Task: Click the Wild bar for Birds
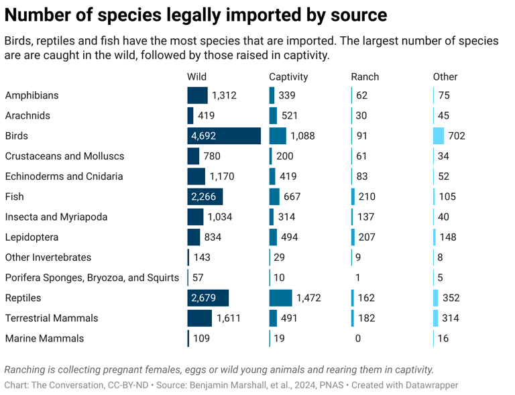(224, 136)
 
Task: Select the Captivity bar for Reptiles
(280, 298)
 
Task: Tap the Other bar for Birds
(439, 136)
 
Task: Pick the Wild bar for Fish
(205, 196)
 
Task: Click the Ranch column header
(365, 76)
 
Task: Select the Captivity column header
(288, 76)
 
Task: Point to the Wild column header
(196, 76)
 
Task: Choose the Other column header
(445, 76)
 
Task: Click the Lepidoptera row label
(32, 237)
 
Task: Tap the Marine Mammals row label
(44, 339)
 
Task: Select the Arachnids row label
(27, 116)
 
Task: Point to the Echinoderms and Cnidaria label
(64, 176)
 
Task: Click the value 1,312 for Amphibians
(224, 96)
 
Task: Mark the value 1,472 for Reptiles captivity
(310, 298)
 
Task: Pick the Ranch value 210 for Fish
(366, 196)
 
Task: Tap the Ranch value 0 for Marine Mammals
(358, 339)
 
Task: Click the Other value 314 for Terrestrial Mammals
(450, 318)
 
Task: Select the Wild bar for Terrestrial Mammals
(200, 318)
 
